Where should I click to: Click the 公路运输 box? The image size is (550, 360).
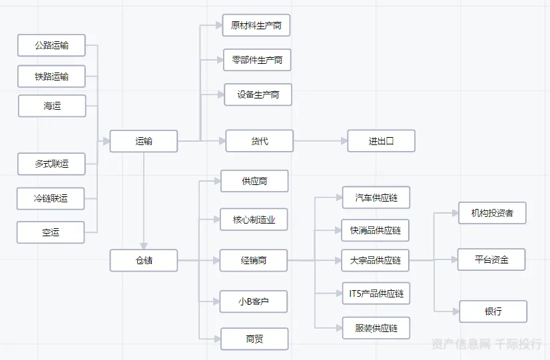click(51, 45)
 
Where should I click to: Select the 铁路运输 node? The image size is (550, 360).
click(51, 77)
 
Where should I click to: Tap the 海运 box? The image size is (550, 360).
click(51, 106)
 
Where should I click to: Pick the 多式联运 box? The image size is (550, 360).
click(51, 163)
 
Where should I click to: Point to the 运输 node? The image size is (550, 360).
click(144, 141)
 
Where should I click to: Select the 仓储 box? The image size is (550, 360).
click(144, 260)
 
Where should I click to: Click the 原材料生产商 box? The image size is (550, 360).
click(256, 25)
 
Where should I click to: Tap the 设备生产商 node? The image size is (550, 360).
click(258, 94)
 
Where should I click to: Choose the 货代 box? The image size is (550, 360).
click(259, 141)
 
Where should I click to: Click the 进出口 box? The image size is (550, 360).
click(381, 141)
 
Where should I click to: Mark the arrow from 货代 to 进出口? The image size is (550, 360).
click(320, 141)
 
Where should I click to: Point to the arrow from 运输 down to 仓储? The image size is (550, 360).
click(144, 200)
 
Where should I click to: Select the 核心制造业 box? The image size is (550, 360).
click(254, 220)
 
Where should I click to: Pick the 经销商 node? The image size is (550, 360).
click(254, 260)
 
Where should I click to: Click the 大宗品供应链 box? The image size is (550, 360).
click(376, 260)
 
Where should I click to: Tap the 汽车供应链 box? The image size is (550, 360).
click(376, 198)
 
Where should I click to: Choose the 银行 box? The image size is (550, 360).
click(493, 311)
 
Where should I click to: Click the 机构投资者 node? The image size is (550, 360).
click(492, 213)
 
